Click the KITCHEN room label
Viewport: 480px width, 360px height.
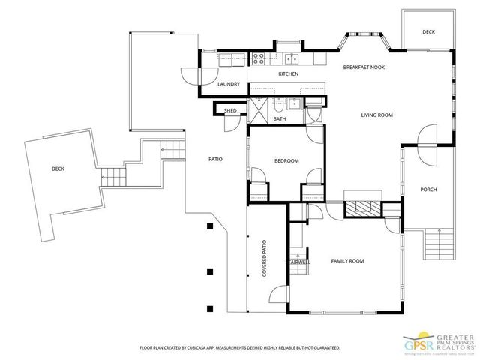pos(289,74)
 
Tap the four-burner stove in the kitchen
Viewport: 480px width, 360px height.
pos(258,59)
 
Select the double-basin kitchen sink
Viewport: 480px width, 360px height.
pos(290,59)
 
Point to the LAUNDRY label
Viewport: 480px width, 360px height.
pos(228,85)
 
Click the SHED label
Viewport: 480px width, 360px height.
pos(231,111)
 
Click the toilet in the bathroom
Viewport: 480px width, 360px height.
pos(279,103)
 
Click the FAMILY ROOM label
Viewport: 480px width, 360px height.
pos(347,261)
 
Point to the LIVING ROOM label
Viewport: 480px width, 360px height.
pos(377,115)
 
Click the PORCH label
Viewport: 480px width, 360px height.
pos(428,190)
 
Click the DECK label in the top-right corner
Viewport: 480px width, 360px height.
pos(428,31)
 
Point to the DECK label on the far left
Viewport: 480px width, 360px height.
pos(58,169)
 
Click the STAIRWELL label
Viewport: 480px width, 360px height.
pos(298,262)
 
